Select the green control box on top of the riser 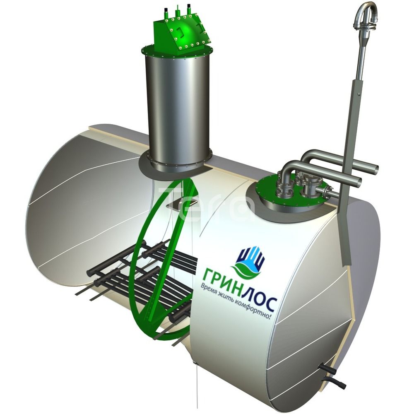click(x=182, y=34)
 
